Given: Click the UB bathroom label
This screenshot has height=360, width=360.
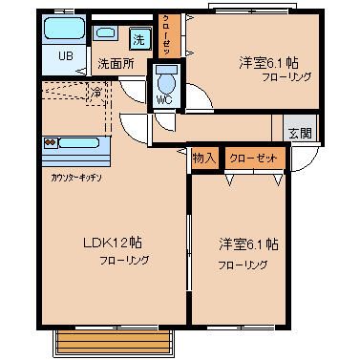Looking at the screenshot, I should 65,55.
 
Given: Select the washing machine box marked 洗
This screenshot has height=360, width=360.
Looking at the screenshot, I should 139,40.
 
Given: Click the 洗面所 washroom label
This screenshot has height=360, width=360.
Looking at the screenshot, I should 116,65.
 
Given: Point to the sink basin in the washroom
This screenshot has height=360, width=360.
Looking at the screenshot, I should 104,33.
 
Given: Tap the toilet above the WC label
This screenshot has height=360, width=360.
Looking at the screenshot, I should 167,77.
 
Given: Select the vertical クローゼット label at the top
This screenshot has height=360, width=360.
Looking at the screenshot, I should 166,36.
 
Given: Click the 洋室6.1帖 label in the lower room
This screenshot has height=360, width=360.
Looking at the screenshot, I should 247,244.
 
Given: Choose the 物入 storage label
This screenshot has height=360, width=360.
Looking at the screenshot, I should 202,158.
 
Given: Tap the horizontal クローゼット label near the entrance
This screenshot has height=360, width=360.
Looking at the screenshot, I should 254,158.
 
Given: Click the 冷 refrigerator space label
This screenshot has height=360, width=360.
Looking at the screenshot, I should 96,93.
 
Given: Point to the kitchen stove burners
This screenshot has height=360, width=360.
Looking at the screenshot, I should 53,142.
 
